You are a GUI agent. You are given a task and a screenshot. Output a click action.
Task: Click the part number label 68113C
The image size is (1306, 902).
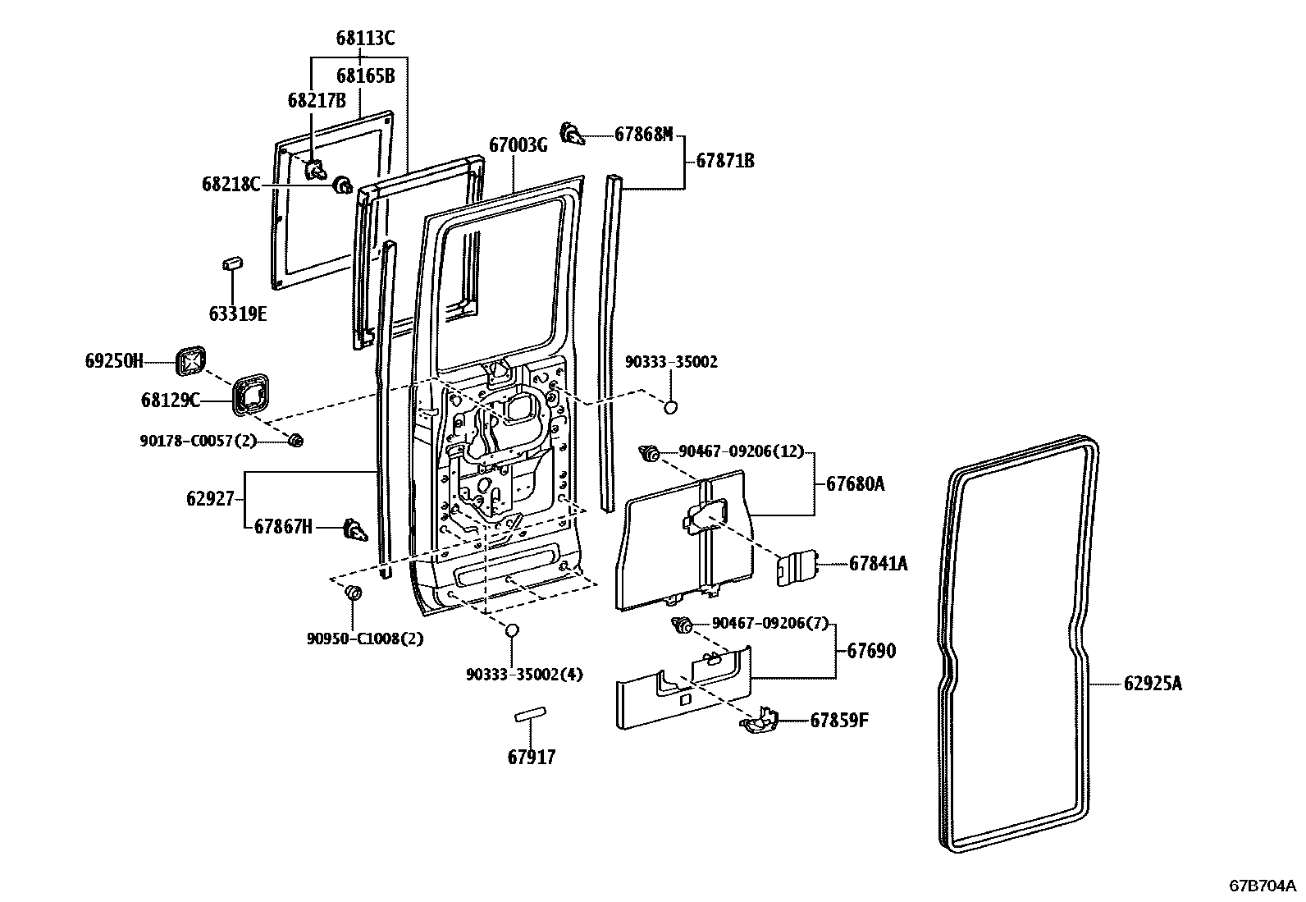click(x=365, y=38)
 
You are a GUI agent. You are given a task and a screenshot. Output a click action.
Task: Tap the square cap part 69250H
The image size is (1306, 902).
click(x=190, y=359)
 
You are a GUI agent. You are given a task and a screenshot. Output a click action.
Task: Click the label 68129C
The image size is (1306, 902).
click(x=170, y=400)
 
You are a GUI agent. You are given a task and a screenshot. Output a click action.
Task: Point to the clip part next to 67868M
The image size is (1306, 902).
click(x=572, y=133)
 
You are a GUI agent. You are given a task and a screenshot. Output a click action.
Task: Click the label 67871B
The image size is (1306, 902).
click(x=725, y=161)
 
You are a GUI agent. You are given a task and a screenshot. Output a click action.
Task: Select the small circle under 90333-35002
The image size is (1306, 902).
click(x=670, y=405)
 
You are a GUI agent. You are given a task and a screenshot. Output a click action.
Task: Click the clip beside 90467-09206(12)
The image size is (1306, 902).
click(x=650, y=452)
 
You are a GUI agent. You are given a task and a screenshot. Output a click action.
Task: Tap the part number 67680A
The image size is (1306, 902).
click(x=855, y=484)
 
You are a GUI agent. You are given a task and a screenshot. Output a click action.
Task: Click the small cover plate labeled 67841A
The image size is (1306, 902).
click(x=795, y=567)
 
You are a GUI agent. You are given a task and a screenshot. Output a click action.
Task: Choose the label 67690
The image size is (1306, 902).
click(x=871, y=651)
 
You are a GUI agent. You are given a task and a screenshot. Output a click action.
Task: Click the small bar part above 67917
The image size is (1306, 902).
click(x=532, y=717)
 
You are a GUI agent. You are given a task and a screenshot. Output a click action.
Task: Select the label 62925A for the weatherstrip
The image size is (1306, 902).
click(x=1153, y=683)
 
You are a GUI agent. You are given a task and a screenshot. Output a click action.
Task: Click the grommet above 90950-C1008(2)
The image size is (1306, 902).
click(x=354, y=592)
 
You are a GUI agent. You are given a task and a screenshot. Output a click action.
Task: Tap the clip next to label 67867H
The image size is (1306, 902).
click(x=353, y=529)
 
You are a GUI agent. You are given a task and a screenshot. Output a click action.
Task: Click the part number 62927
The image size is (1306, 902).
click(x=210, y=498)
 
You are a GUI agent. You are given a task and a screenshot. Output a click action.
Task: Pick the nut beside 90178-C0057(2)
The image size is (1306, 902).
click(x=295, y=442)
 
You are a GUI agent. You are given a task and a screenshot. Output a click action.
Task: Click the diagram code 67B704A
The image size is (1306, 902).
click(x=1262, y=886)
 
